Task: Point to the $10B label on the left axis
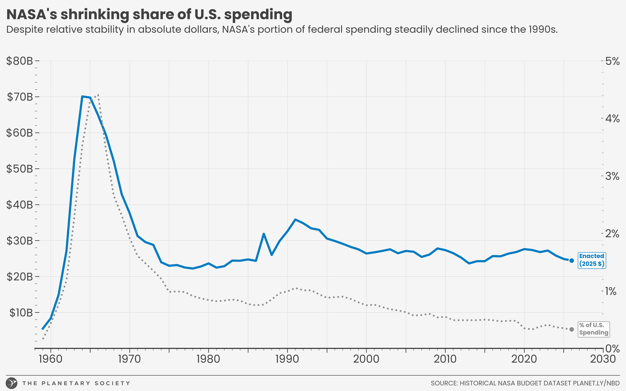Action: tap(21, 313)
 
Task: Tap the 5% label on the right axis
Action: tap(612, 62)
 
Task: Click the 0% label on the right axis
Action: tap(612, 349)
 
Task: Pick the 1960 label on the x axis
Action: tap(50, 359)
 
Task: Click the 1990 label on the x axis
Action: tap(287, 359)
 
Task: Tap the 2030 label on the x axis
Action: tap(603, 359)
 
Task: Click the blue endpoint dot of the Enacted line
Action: tap(572, 261)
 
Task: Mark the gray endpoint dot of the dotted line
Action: tap(572, 329)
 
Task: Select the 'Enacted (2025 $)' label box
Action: tap(592, 260)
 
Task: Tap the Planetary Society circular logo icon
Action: tap(12, 383)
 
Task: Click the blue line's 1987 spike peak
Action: tap(264, 234)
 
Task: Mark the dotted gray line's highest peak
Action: tap(98, 95)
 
